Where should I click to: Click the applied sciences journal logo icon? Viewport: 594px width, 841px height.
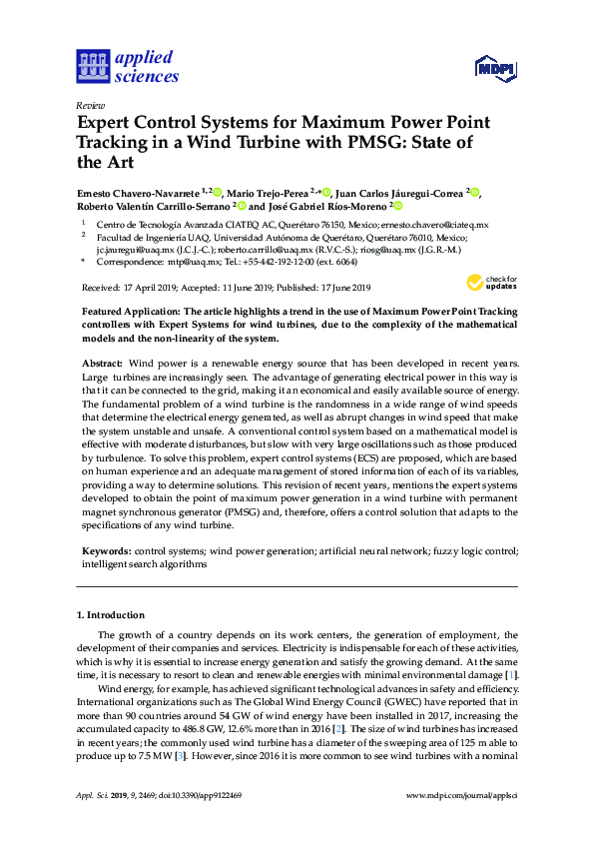[92, 67]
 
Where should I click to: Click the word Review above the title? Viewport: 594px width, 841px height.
[90, 104]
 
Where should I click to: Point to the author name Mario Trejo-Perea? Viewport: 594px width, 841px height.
[267, 192]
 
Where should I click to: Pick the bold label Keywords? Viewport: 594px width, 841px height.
[105, 550]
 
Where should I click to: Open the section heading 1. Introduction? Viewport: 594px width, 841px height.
[110, 614]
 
